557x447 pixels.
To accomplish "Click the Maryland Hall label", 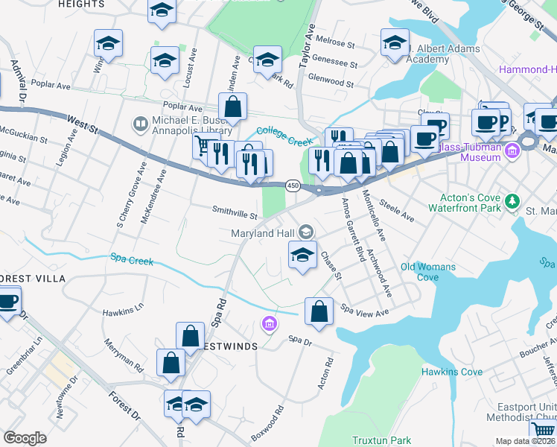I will point(262,234).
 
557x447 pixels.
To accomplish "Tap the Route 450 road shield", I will point(293,185).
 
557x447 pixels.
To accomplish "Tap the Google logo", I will point(25,438).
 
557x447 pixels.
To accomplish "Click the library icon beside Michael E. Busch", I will point(139,122).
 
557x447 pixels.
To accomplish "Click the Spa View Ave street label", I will point(365,308).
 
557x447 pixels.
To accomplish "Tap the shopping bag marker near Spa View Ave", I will point(319,311).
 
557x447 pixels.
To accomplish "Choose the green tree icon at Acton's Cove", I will point(512,201).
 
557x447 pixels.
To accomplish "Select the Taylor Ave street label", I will point(307,51).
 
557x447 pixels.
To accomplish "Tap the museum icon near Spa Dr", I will point(268,324).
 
